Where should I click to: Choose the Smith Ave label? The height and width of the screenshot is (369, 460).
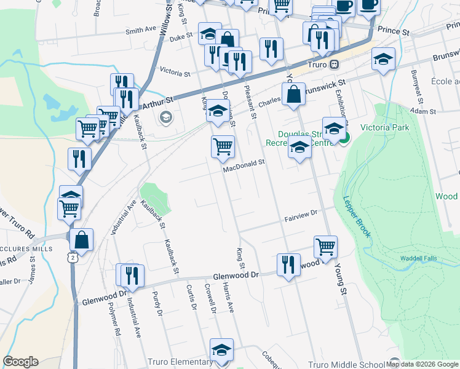click(141, 30)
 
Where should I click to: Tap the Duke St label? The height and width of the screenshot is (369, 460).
click(181, 37)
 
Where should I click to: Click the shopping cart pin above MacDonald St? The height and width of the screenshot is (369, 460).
click(223, 146)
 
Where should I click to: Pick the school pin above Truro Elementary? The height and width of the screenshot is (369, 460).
click(221, 349)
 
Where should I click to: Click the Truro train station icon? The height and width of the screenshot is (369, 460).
click(334, 64)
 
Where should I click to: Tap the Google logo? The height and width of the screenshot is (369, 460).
click(20, 362)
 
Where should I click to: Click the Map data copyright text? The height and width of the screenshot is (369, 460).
click(422, 364)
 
